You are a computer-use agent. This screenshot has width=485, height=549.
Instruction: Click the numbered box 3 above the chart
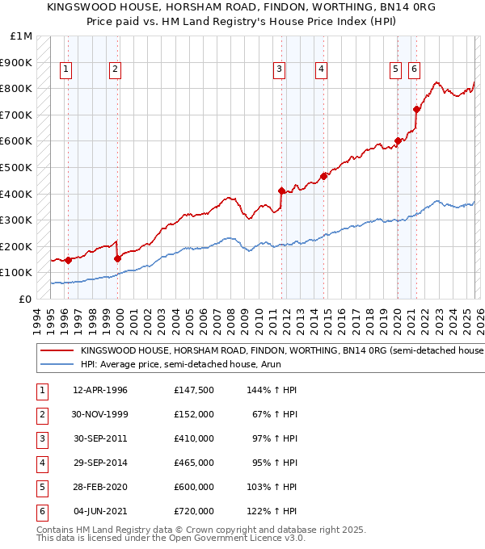point(278,69)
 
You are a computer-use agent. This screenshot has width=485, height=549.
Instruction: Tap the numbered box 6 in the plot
point(414,69)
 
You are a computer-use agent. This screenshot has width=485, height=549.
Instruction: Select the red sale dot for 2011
point(281,191)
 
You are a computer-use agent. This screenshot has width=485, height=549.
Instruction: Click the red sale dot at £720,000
point(416,110)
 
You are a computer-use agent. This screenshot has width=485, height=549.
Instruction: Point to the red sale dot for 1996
point(69,260)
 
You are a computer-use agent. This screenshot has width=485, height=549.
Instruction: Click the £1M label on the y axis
point(22,36)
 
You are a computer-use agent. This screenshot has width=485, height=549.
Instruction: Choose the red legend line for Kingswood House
point(57,351)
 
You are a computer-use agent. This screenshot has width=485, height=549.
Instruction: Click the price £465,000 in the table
point(193,463)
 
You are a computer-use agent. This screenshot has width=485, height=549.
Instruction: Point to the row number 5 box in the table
point(41,488)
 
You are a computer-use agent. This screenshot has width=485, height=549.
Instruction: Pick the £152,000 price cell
point(193,414)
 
